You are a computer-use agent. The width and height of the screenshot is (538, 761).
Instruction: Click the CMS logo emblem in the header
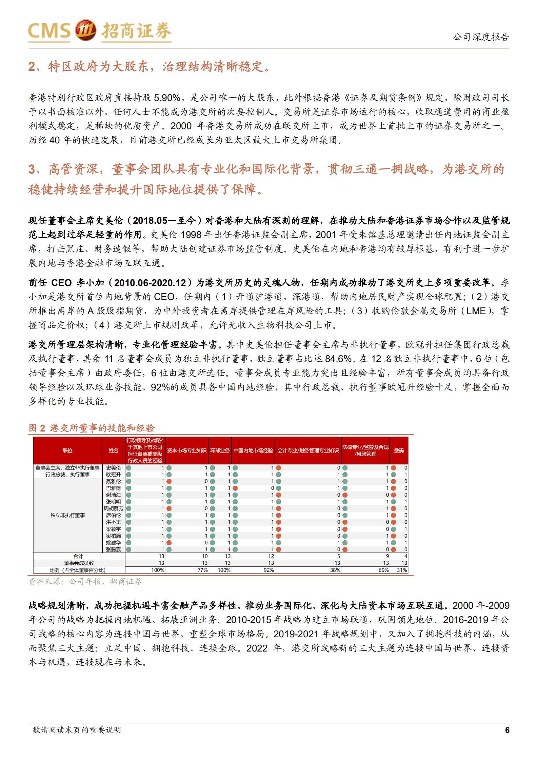point(85,30)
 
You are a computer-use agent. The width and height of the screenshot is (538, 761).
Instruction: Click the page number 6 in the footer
point(507,730)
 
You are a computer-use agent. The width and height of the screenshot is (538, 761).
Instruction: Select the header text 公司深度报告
point(481,37)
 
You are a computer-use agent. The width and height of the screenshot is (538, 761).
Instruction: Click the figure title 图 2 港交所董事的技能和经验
point(92,428)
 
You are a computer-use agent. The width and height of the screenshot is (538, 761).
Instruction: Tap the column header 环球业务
point(220,450)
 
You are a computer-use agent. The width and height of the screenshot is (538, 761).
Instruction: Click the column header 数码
point(399,450)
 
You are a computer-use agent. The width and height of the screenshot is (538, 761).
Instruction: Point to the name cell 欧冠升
point(113,475)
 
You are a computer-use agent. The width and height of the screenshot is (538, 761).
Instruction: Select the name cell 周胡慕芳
point(113,508)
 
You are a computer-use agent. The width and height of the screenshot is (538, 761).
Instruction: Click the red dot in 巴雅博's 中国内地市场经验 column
point(235,488)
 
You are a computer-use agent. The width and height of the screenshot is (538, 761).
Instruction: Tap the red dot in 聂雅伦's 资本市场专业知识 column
point(169,481)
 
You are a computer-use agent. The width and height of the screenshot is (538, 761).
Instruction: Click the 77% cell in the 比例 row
point(202,570)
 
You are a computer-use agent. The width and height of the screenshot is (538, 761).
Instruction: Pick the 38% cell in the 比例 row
point(335,570)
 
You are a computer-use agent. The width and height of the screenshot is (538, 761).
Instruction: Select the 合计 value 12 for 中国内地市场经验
point(271,556)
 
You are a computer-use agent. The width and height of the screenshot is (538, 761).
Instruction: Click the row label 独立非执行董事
point(67,515)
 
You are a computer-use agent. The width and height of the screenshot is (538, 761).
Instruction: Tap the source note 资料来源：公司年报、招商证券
point(85,582)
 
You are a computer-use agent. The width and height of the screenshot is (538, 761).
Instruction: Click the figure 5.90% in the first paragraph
point(167,98)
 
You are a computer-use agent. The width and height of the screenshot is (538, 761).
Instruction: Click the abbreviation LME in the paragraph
point(476,311)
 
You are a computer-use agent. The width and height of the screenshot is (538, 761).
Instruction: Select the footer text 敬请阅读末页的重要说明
point(77,730)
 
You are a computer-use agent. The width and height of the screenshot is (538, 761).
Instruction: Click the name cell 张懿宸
point(113,549)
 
